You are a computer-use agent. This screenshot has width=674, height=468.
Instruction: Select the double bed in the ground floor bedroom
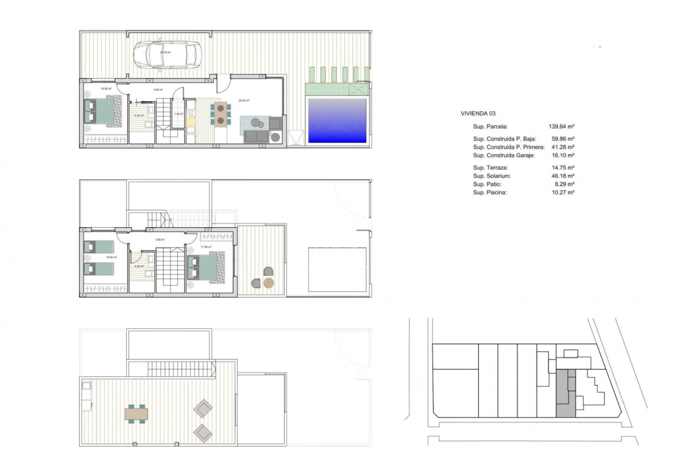(100, 112)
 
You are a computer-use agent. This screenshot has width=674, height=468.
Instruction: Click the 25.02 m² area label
(244, 100)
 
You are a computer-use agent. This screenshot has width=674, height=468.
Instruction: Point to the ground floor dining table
(220, 114)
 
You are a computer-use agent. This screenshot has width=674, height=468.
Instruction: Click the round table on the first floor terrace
(268, 283)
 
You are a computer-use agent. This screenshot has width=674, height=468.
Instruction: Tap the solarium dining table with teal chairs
(137, 413)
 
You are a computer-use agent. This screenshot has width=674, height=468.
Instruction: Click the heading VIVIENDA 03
(478, 114)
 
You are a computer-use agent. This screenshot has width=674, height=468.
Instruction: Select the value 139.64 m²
(561, 127)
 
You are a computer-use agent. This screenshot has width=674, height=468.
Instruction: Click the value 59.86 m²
(562, 139)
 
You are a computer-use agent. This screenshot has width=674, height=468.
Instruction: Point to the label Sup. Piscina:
(490, 193)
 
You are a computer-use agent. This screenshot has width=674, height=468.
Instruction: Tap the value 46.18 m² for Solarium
(562, 177)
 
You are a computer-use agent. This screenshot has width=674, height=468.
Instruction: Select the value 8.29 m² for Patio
(564, 185)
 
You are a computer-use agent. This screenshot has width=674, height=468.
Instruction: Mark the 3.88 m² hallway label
(159, 240)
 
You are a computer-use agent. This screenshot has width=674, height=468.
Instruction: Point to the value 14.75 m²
(562, 168)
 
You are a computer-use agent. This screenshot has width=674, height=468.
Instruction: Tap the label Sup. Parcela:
(491, 127)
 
